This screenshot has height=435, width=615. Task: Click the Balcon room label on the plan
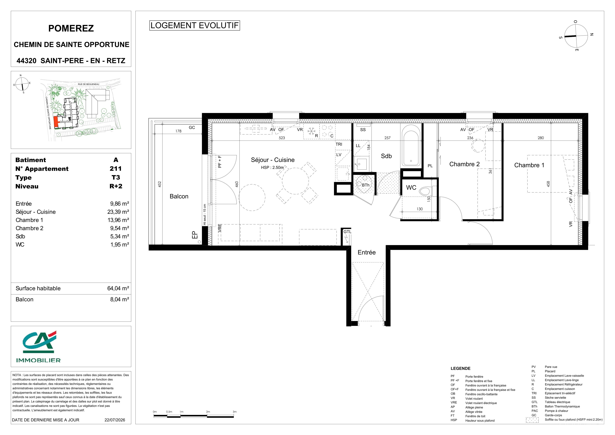coord(179,196)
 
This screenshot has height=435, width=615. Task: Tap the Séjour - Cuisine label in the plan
coord(273,160)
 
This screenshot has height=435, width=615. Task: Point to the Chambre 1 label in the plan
coord(529,165)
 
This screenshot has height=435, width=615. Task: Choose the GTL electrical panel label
coord(347,232)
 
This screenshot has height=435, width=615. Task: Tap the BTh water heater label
coord(366,185)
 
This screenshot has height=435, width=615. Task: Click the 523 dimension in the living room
coord(282,138)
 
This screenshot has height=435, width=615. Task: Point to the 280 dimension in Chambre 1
coord(541,138)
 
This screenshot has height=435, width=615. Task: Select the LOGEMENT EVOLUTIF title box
coord(194,25)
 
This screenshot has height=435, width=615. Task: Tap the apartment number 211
coord(116,169)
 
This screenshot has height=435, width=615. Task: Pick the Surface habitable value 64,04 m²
coord(118,289)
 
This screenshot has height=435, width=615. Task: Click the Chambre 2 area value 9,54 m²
coord(120,228)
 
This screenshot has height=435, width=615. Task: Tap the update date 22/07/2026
coord(115,420)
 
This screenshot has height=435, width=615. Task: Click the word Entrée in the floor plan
coord(367,252)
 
